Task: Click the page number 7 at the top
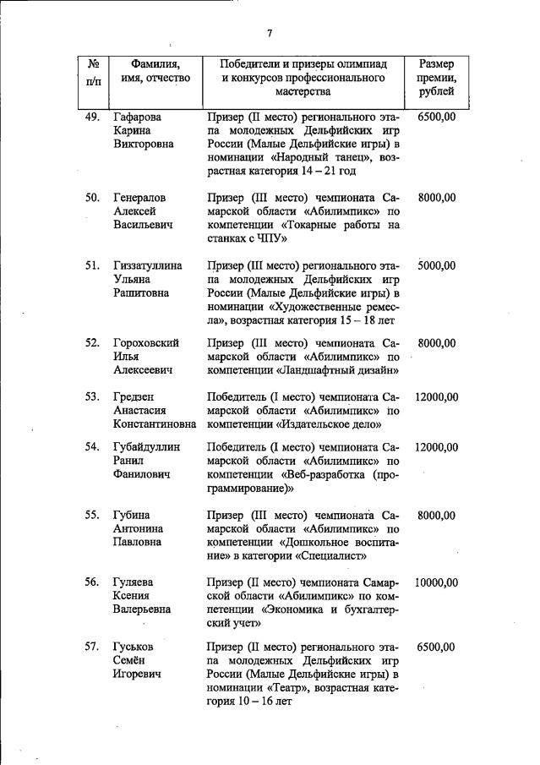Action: tap(269, 34)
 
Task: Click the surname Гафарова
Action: tap(137, 116)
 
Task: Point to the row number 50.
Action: tap(93, 198)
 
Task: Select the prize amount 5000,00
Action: tap(437, 265)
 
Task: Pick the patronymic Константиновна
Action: tap(155, 423)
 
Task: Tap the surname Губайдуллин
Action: tap(150, 447)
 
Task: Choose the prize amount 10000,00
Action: tap(437, 582)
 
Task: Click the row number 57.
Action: tap(93, 648)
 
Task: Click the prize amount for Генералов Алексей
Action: tap(437, 198)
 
